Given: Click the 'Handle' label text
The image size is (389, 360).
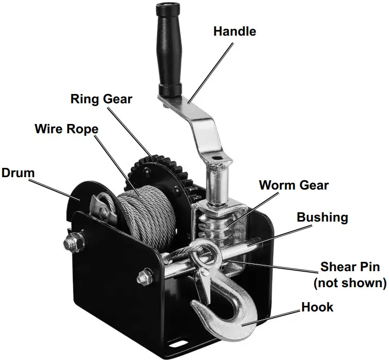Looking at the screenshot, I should click(x=235, y=31).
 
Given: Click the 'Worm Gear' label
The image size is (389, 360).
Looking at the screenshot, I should click(x=293, y=184).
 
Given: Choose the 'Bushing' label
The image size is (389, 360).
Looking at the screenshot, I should click(x=322, y=216).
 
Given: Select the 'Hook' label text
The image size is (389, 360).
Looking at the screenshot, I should click(x=317, y=307).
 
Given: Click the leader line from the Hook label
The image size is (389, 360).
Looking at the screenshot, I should click(x=279, y=317).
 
